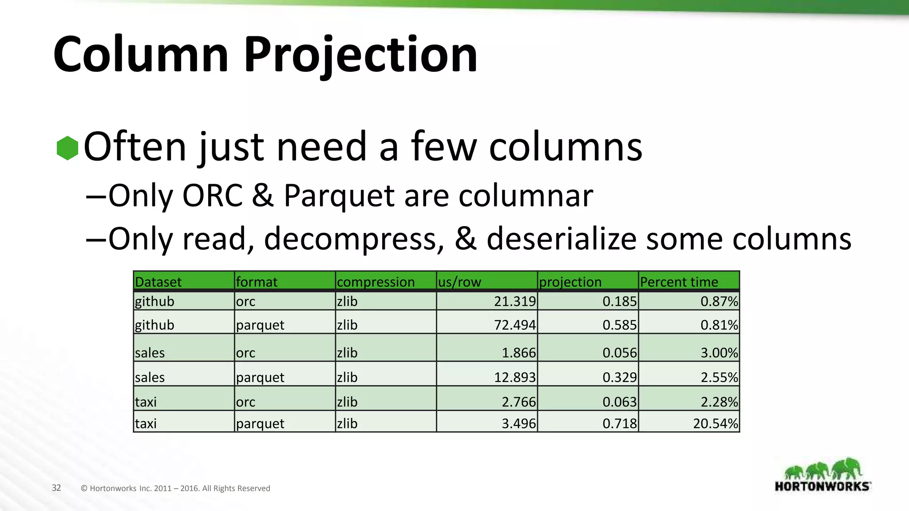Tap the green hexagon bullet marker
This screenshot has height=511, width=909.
pos(67,148)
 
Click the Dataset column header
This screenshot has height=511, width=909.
pos(158,282)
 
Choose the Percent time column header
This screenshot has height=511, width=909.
pos(679,282)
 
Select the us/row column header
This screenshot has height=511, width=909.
pos(459,282)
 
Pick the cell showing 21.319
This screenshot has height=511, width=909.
pos(515,301)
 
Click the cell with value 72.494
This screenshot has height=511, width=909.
pos(515,325)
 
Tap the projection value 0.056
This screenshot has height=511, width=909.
pos(619,353)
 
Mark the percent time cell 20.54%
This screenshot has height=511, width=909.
pos(715,423)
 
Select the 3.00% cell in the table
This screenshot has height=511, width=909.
pos(719,353)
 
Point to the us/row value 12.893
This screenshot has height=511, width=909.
pos(515,377)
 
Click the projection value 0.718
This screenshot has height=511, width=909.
pos(619,423)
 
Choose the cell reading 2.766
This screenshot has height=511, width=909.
pos(518,402)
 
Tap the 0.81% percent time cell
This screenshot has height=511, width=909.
pos(719,325)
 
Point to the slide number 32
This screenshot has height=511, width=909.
pos(56,488)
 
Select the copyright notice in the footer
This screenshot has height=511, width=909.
pos(175,488)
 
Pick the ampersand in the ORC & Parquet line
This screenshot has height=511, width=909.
pos(263,196)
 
